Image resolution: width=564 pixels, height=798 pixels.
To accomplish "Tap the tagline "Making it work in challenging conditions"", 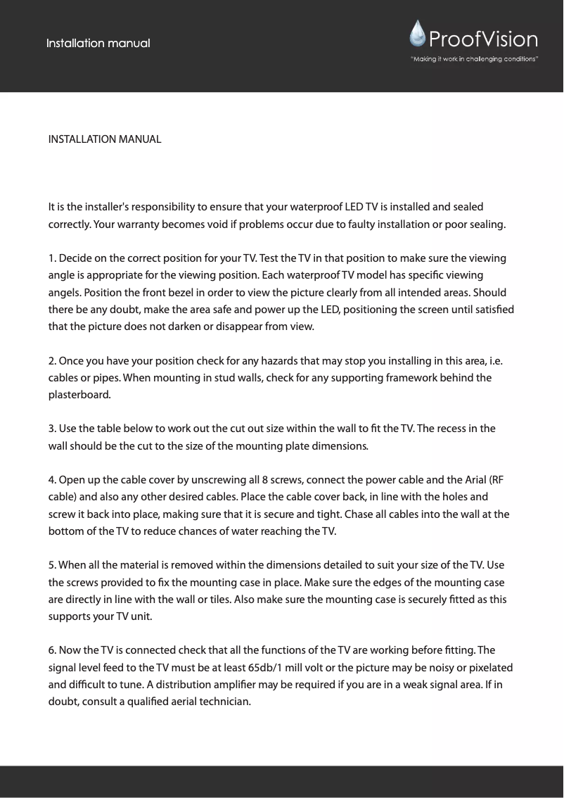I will click(x=475, y=59).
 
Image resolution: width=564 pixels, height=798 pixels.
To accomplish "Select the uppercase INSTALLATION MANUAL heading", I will click(x=105, y=139).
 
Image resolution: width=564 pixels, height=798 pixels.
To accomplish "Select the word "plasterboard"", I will click(x=79, y=395).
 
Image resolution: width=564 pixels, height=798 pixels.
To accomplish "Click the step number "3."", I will click(x=52, y=429).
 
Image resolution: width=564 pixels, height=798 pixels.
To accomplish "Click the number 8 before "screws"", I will click(x=264, y=481).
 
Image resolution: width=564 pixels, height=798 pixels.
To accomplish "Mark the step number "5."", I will click(x=52, y=565).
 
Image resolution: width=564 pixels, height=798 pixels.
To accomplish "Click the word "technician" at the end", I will click(x=222, y=702).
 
